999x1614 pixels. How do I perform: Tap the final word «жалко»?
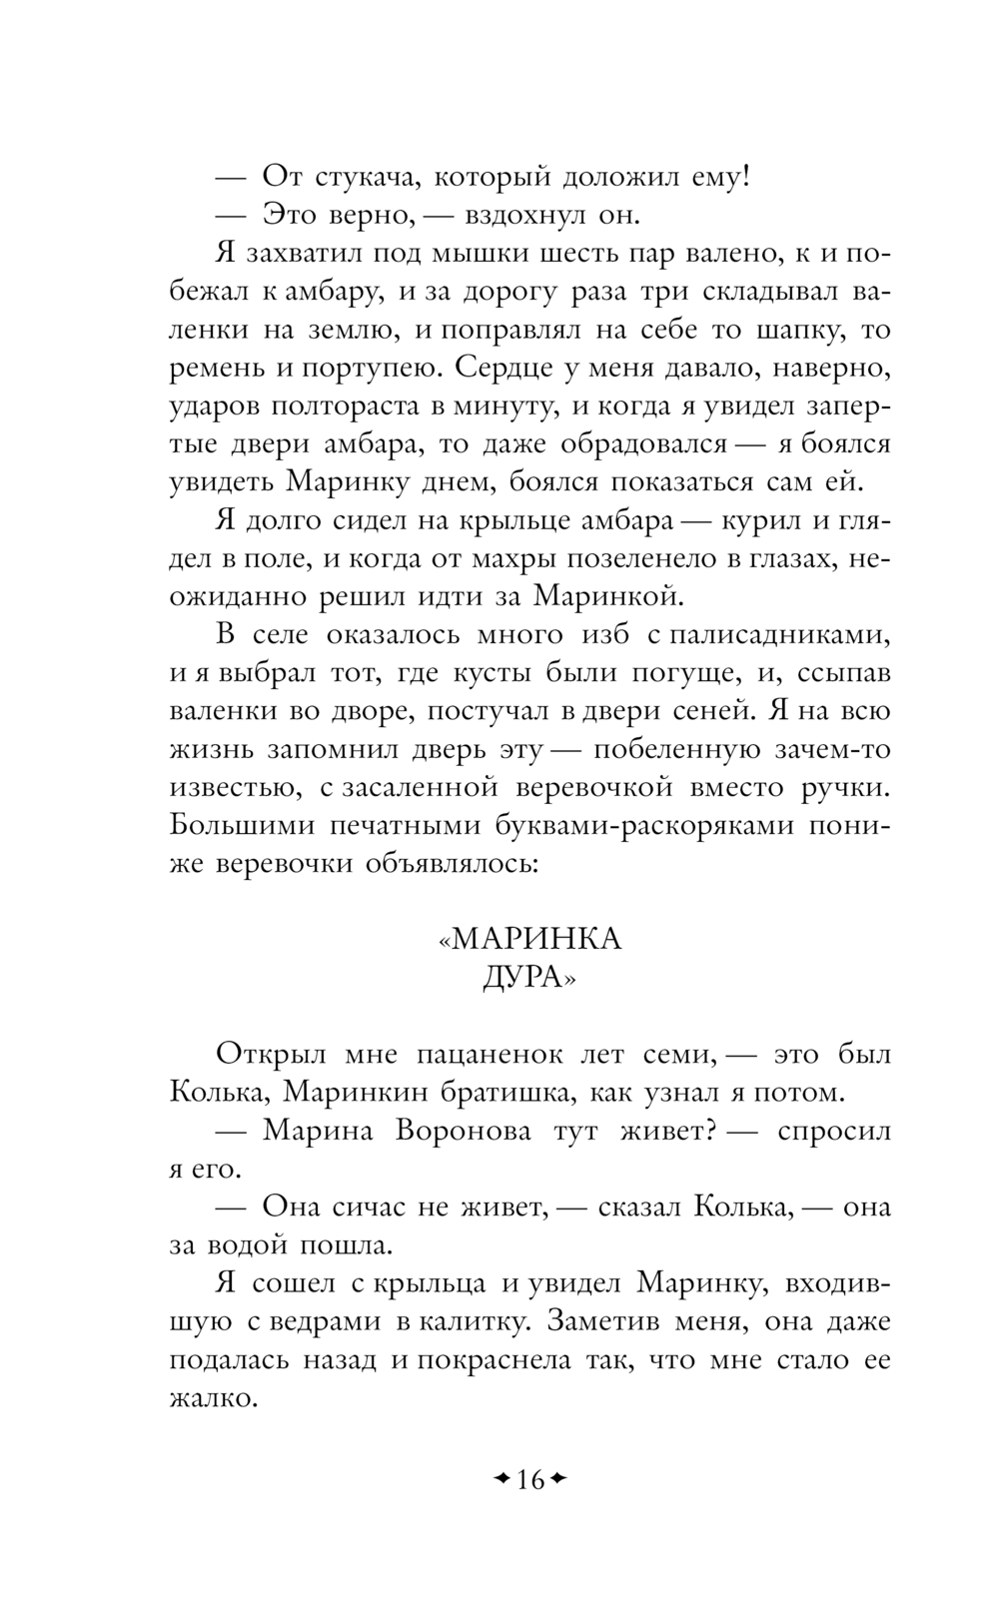[214, 1396]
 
